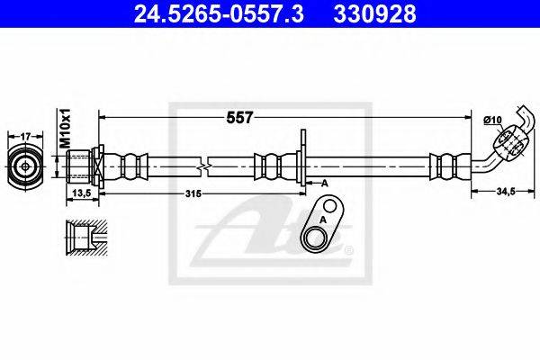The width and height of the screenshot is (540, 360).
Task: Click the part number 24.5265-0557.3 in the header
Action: point(219,14)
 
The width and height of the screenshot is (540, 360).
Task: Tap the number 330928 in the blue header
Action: point(374,14)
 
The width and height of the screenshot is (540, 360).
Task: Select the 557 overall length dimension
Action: point(239,118)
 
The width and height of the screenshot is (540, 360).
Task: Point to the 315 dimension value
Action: point(193,193)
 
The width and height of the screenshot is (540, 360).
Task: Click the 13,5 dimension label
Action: point(82,193)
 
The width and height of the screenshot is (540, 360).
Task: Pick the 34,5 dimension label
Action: point(505,192)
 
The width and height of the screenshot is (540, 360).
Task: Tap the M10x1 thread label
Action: point(65,128)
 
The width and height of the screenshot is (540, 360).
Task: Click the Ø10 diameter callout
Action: point(493,120)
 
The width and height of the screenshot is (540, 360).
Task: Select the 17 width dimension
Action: point(25,137)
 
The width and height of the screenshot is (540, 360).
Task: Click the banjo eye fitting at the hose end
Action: point(508,142)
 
